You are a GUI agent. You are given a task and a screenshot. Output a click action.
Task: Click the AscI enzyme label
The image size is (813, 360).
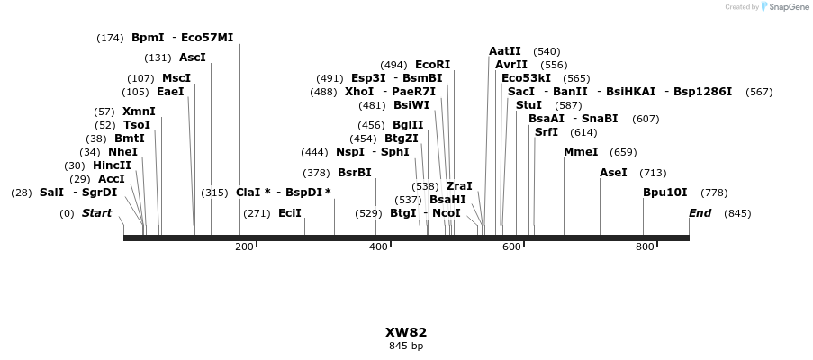[193, 58]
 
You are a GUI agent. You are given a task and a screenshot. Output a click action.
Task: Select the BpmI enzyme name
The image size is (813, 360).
[148, 38]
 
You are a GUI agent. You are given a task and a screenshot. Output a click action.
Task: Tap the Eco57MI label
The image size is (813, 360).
[207, 38]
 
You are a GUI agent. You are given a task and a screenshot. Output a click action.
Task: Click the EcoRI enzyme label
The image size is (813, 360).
[432, 65]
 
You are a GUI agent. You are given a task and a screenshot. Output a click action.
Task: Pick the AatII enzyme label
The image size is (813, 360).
[504, 51]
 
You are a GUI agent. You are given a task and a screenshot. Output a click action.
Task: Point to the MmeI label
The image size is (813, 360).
[581, 152]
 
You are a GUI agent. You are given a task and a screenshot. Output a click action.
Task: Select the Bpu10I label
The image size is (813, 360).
[664, 193]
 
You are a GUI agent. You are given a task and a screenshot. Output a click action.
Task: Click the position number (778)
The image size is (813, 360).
[714, 193]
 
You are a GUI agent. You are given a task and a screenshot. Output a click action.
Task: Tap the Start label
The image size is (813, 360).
[96, 213]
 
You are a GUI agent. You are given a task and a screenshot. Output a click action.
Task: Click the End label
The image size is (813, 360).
[700, 213]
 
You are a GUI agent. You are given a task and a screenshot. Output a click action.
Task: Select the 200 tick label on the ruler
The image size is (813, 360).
[244, 247]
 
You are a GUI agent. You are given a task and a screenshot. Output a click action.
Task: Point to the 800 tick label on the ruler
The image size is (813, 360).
[645, 247]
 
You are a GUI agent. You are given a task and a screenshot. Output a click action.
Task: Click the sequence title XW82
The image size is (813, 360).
[406, 332]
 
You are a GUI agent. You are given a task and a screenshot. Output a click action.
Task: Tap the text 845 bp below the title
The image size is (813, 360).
[406, 346]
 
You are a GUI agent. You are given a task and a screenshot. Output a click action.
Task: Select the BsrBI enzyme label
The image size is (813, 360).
[354, 173]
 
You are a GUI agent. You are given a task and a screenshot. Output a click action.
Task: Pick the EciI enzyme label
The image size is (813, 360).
[290, 213]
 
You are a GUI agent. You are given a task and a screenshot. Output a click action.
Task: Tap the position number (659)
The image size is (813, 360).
[623, 152]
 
